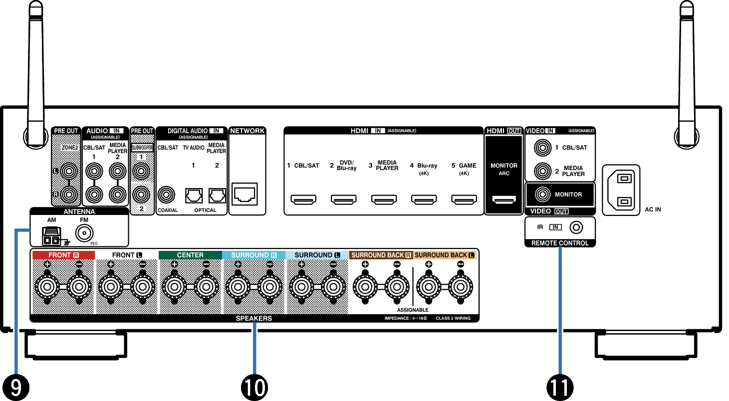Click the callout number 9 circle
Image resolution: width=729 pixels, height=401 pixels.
pyautogui.click(x=15, y=388)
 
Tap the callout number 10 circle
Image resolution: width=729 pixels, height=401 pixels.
pyautogui.click(x=254, y=388)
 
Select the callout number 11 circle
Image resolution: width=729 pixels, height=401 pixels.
pyautogui.click(x=560, y=388)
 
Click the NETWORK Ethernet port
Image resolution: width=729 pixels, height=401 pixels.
pyautogui.click(x=244, y=194)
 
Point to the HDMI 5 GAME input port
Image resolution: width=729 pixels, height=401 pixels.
pyautogui.click(x=464, y=199)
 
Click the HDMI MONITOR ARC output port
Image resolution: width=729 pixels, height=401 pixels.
pyautogui.click(x=504, y=199)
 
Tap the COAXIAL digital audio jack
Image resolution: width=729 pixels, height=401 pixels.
pyautogui.click(x=166, y=195)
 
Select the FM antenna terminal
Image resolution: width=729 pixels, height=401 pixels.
pyautogui.click(x=84, y=233)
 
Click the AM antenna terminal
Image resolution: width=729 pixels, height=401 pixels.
pyautogui.click(x=51, y=236)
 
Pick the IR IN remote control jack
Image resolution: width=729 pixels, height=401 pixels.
pyautogui.click(x=576, y=227)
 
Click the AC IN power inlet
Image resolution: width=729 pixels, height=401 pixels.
pyautogui.click(x=621, y=190)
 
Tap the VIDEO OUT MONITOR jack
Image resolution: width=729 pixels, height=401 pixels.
pyautogui.click(x=542, y=194)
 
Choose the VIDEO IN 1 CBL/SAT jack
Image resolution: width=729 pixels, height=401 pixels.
pyautogui.click(x=542, y=147)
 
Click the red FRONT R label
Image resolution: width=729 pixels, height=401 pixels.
pyautogui.click(x=63, y=255)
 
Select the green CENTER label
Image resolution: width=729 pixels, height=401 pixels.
pyautogui.click(x=190, y=255)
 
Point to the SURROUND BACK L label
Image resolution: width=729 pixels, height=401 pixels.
pyautogui.click(x=444, y=255)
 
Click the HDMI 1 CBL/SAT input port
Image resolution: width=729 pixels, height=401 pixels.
pyautogui.click(x=303, y=199)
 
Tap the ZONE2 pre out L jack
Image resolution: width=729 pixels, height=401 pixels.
pyautogui.click(x=69, y=171)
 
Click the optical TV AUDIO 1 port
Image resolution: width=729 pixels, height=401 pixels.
pyautogui.click(x=194, y=196)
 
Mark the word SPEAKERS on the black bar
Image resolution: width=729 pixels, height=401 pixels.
pyautogui.click(x=254, y=318)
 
